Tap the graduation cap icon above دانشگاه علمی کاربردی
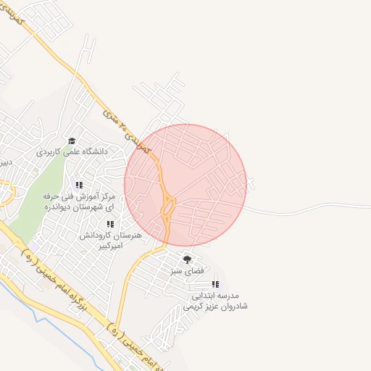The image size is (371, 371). point(71,141)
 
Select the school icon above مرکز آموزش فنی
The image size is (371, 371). point(79,185)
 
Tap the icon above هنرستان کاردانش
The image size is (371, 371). point(110,225)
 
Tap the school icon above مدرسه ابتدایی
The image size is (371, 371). point(214,284)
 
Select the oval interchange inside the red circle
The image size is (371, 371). point(168,207)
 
